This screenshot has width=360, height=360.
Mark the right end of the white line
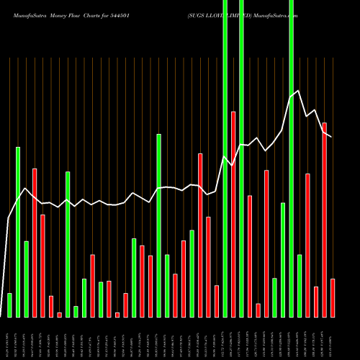click(x=331, y=136)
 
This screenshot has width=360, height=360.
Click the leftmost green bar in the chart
click(x=9, y=305)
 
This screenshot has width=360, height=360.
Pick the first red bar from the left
click(x=34, y=243)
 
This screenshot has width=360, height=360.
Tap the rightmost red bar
click(x=333, y=297)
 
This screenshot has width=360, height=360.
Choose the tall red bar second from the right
click(x=324, y=220)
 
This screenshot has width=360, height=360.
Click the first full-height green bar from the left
click(x=225, y=158)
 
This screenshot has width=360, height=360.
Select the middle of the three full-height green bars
click(x=241, y=158)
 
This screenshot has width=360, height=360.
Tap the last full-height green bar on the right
click(x=291, y=158)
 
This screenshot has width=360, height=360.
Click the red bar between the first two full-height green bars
click(x=233, y=214)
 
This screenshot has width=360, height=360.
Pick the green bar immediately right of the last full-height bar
click(x=300, y=286)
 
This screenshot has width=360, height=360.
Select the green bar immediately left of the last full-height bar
click(x=283, y=260)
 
